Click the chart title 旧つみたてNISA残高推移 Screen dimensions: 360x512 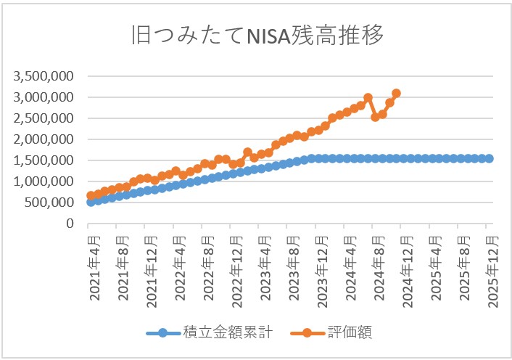click(x=256, y=36)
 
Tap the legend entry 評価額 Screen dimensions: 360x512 click(x=352, y=333)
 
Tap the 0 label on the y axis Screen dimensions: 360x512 click(x=71, y=224)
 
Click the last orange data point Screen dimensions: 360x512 click(x=396, y=93)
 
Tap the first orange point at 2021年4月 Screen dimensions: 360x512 click(x=91, y=195)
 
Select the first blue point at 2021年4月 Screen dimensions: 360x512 click(x=91, y=202)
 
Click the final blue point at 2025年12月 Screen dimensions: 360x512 click(x=490, y=158)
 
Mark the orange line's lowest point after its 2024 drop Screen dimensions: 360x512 click(x=375, y=117)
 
